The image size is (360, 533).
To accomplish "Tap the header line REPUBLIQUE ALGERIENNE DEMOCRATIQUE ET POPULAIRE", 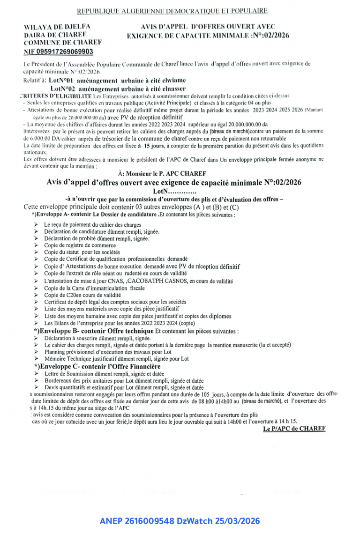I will (x=172, y=11).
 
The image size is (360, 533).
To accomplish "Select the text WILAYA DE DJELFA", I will (x=57, y=27).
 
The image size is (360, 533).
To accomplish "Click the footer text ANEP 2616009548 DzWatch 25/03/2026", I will (x=180, y=521).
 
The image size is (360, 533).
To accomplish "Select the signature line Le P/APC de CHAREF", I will (x=294, y=428).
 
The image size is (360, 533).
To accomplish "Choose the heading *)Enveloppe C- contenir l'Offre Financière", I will (x=97, y=366).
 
